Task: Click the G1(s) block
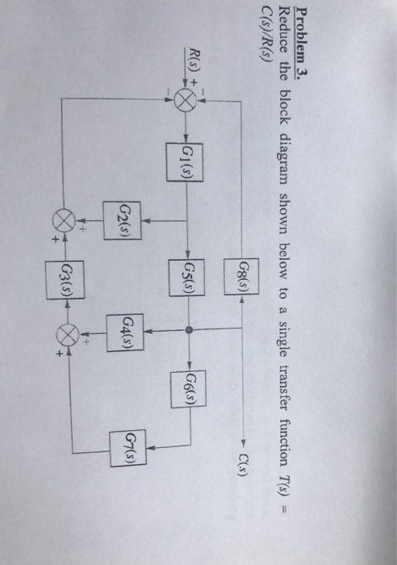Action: coord(187,152)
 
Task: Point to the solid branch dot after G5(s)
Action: coord(187,330)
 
